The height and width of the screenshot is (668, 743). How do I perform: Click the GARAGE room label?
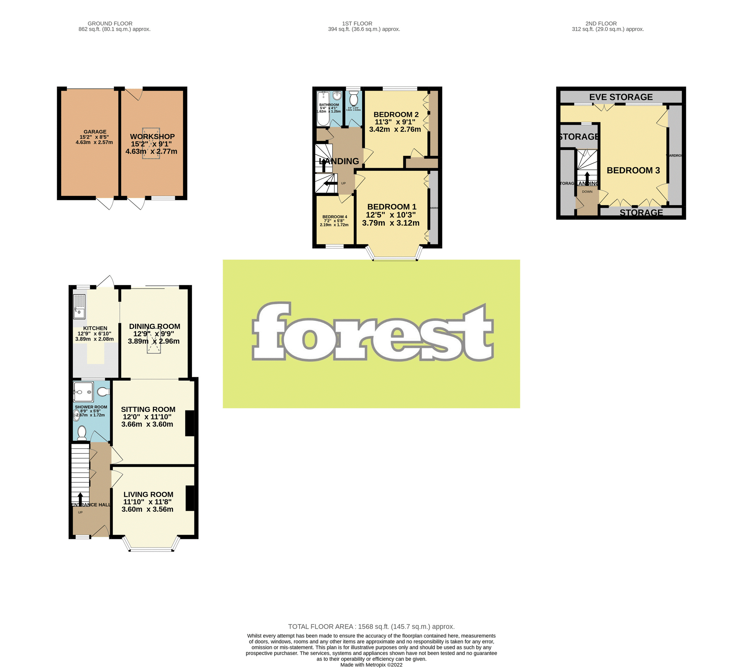95,132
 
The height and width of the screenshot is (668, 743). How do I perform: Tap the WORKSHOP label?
152,137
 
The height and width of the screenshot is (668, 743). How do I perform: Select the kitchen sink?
79,307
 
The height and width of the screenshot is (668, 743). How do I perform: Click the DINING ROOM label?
155,326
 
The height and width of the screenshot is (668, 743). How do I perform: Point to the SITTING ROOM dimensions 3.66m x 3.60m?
147,424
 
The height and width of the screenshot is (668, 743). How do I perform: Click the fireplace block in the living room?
190,498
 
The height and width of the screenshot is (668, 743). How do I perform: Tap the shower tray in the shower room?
83,392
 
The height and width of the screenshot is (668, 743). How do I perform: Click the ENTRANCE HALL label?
91,505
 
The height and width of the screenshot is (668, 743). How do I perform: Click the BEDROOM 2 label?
396,115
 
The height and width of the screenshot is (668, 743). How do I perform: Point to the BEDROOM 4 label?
335,217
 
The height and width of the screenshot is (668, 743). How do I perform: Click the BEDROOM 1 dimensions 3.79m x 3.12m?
391,223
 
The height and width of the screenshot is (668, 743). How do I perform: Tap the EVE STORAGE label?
621,97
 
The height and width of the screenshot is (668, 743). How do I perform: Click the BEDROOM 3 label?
633,170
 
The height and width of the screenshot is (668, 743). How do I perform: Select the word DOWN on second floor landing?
587,192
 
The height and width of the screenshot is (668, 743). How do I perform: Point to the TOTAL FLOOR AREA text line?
371,627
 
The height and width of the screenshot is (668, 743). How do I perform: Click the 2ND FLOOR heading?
601,23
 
